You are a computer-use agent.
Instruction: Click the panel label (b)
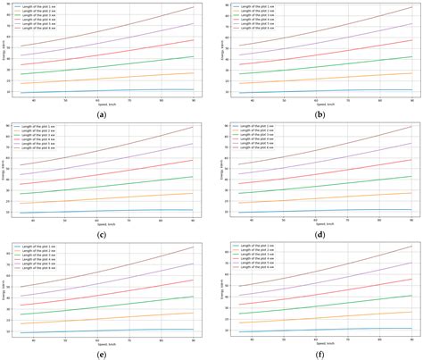click(316, 113)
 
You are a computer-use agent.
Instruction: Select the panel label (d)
click(316, 234)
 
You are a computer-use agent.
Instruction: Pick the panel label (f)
click(316, 354)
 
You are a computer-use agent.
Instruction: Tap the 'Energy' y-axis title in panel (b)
click(220, 50)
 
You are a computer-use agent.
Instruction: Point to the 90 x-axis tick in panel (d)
click(411, 220)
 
